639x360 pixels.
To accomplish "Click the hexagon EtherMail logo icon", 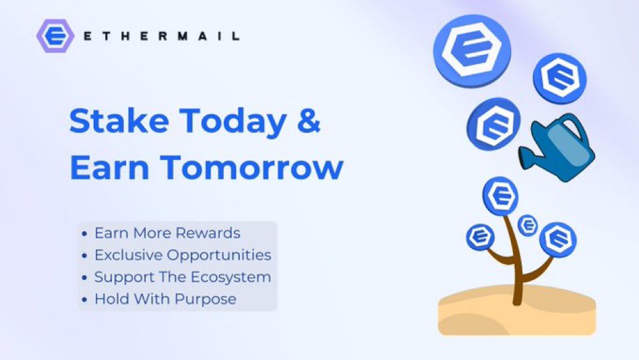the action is pos(55,36).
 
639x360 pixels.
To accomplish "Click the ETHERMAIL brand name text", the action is pos(162,36).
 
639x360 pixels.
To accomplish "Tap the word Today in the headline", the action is pos(233,122).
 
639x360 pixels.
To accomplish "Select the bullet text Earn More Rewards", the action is pos(167,233).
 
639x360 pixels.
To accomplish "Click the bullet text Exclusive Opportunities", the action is pos(183,255).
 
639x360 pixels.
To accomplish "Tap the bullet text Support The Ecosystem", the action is pos(183,277).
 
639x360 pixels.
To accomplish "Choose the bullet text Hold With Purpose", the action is pos(165,299).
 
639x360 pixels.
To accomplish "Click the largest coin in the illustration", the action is pos(472,51).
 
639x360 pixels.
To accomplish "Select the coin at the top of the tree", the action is pos(500,195).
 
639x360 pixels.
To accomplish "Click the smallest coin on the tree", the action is pos(528,225).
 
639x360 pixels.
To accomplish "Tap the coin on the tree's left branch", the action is pos(480,237).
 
